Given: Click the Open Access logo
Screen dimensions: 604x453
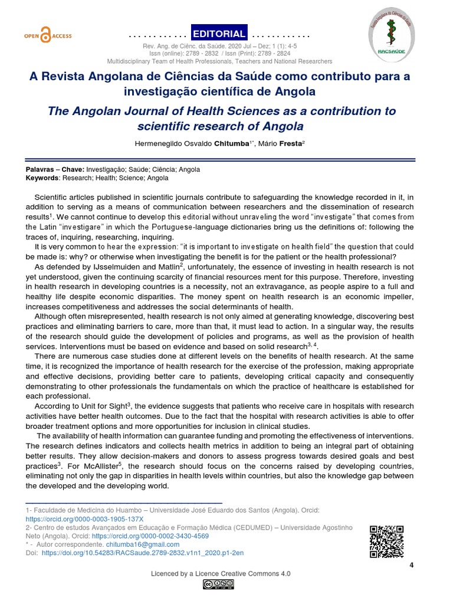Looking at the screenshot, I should (48, 35).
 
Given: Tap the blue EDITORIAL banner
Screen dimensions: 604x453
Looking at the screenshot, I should (219, 34).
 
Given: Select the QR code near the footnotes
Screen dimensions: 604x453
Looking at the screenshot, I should (386, 541).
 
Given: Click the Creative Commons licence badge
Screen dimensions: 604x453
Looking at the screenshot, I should (218, 585).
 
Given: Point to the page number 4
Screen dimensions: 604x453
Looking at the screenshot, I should (412, 566).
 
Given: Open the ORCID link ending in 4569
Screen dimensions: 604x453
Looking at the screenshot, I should (150, 536).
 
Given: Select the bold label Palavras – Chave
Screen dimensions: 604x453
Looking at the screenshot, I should (51, 169).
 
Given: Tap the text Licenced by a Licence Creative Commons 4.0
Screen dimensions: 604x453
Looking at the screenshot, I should (221, 573).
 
